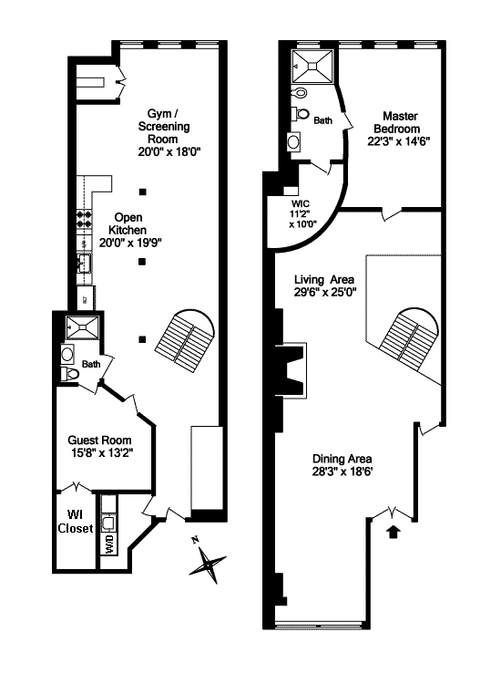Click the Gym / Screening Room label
click(164, 127)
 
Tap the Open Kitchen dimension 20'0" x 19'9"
click(130, 243)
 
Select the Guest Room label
click(99, 440)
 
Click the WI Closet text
click(76, 522)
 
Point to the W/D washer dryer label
click(109, 544)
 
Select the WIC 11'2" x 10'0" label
click(302, 213)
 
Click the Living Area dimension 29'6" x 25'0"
click(325, 292)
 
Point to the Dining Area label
click(342, 459)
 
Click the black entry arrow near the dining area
click(394, 532)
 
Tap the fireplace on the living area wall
click(290, 370)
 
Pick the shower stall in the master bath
click(312, 67)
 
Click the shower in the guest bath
click(82, 327)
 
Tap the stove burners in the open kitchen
click(85, 219)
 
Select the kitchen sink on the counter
click(84, 263)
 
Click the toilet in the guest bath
click(70, 373)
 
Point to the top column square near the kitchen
click(142, 192)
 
